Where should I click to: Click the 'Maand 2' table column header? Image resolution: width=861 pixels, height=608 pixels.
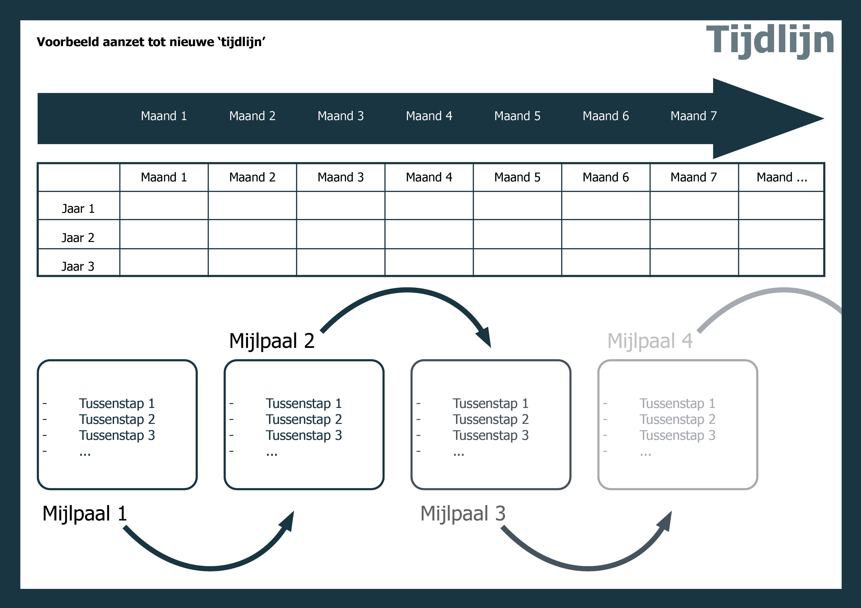point(252,177)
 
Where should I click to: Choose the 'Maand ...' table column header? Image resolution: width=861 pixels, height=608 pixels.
point(782,177)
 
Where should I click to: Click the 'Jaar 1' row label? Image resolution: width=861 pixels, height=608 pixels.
point(78,209)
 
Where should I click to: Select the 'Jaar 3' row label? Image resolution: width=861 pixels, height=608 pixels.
point(78,266)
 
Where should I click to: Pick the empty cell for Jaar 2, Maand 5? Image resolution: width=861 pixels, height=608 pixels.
point(517,234)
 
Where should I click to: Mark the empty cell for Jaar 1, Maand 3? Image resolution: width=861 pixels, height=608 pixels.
point(340,205)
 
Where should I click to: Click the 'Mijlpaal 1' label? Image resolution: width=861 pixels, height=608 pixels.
point(85,514)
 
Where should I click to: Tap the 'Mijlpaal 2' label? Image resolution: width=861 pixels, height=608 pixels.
point(272,341)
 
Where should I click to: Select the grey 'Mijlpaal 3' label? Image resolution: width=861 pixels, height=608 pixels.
point(463,514)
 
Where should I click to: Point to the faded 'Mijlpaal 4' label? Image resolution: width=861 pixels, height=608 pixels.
point(650,341)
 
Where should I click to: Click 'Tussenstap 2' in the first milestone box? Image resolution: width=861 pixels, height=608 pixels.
point(117,419)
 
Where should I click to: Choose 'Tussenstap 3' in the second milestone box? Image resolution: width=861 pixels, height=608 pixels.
point(304,435)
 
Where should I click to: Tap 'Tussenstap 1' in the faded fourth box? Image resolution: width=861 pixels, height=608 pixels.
point(677,404)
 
